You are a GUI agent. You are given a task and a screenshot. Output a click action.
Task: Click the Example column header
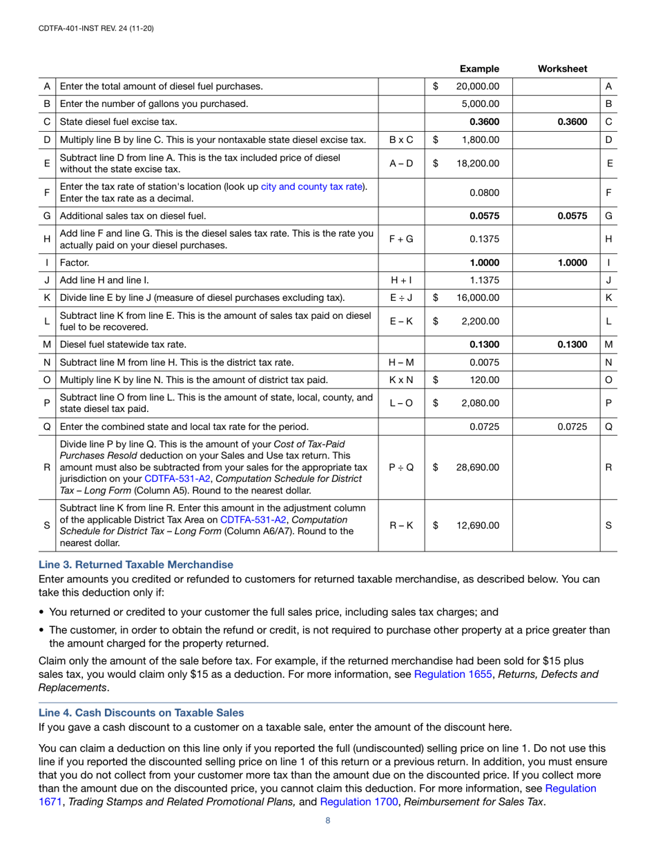pos(479,68)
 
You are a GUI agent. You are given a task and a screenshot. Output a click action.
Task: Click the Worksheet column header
pos(562,68)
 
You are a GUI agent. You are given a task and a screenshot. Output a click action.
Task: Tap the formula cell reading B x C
pos(401,140)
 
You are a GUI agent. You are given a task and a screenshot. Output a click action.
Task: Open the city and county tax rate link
pos(312,186)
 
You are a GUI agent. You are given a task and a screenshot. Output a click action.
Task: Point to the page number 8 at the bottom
pos(328,821)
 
